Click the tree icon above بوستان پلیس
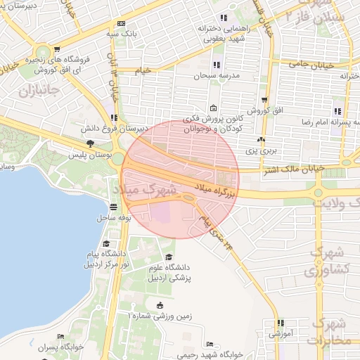coord(89,143)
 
